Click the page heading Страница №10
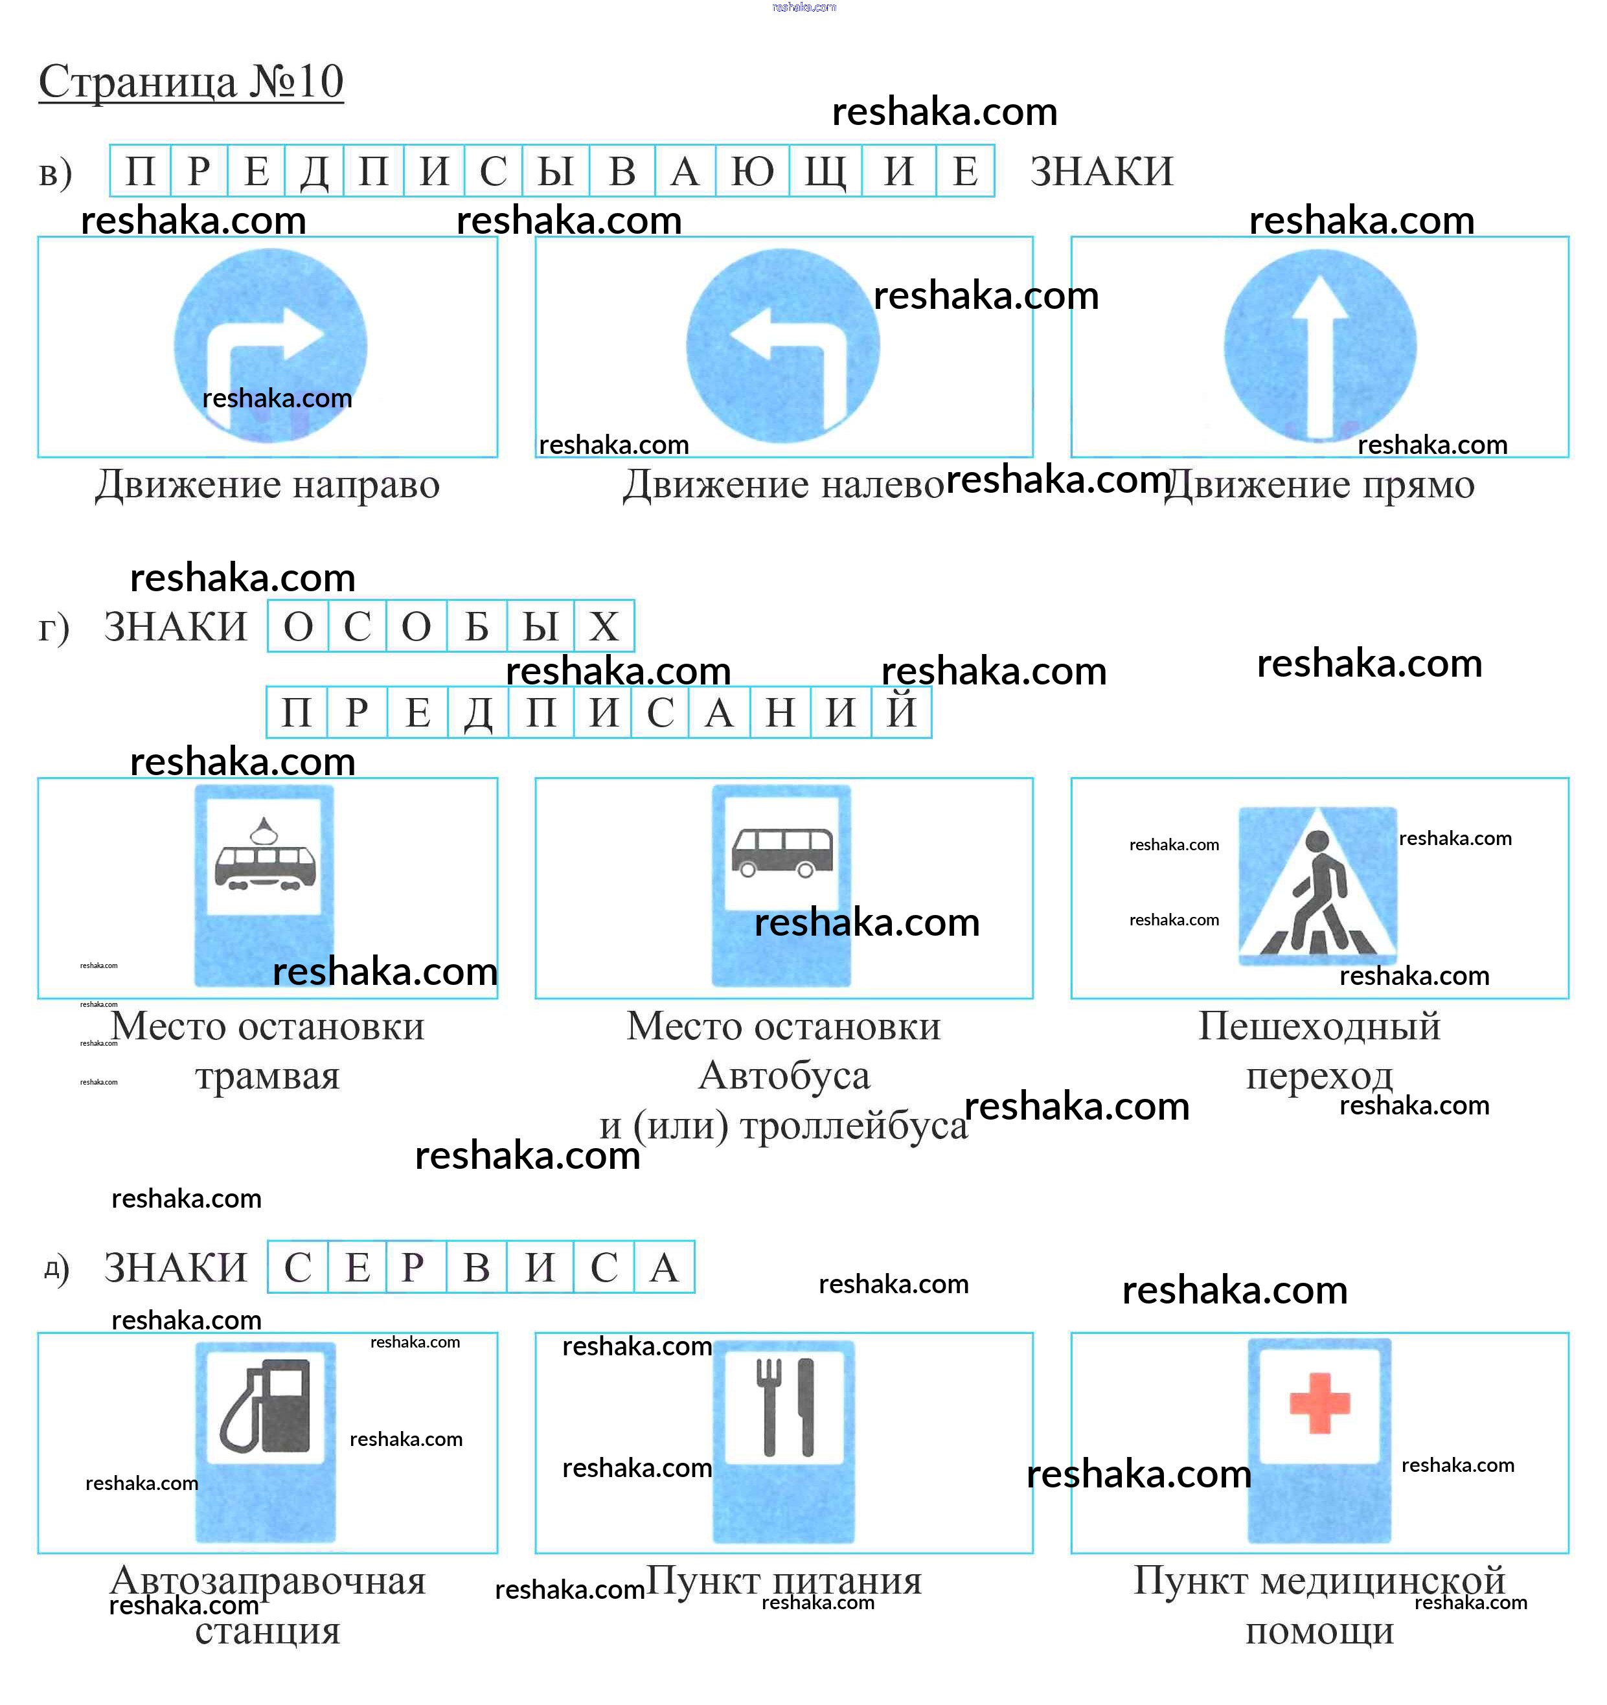click(190, 82)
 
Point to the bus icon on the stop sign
click(782, 852)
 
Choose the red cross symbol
click(1319, 1403)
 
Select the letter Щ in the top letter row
click(825, 172)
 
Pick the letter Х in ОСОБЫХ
click(604, 627)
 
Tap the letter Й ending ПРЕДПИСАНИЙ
click(901, 712)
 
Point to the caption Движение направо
click(268, 484)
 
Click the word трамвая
click(268, 1076)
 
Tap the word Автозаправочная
click(268, 1580)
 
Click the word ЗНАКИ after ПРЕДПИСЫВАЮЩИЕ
click(1100, 172)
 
